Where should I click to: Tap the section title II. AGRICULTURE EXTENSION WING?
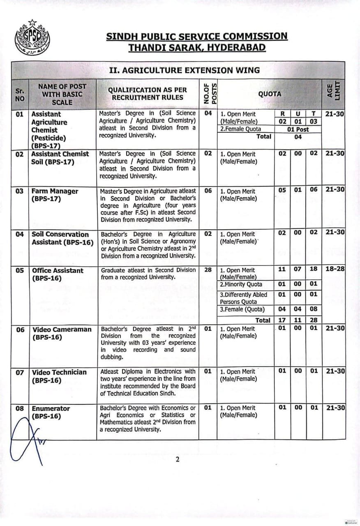point(184,70)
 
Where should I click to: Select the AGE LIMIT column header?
point(333,94)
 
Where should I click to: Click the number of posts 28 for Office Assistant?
point(208,270)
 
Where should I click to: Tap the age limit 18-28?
point(335,269)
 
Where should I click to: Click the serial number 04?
point(20,234)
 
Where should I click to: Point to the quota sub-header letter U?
point(298,114)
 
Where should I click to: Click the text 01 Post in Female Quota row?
point(298,129)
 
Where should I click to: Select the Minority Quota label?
point(241,284)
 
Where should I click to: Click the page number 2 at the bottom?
point(178,459)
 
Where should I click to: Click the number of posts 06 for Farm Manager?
point(208,191)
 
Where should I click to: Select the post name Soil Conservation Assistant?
point(62,238)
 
